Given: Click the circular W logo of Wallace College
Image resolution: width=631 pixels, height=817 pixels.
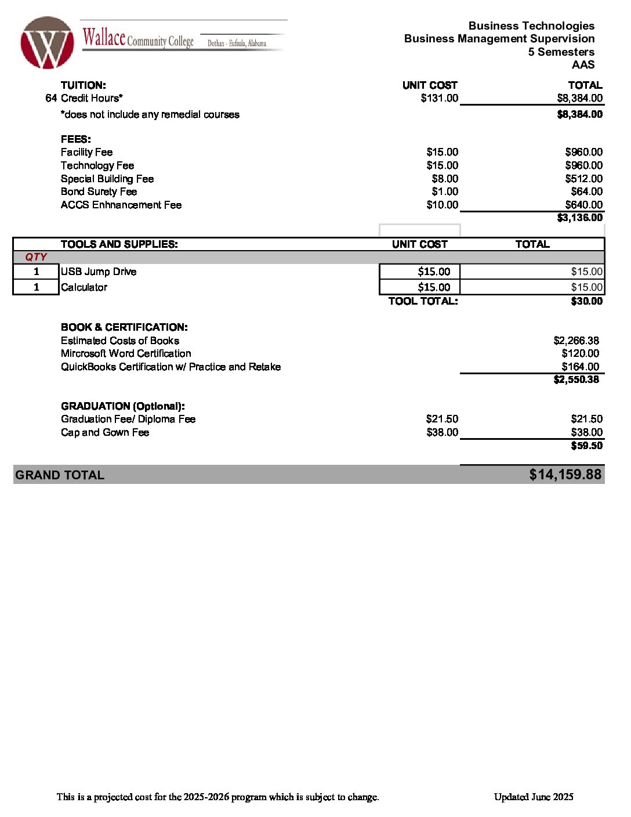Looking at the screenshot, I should tap(47, 43).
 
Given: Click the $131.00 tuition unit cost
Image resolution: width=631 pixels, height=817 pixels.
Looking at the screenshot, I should tap(439, 98).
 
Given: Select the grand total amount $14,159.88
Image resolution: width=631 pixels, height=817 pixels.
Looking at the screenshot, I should tap(565, 475).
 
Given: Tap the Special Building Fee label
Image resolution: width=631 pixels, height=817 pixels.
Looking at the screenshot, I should tap(107, 179).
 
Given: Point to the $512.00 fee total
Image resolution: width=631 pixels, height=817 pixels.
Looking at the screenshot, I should tap(583, 179).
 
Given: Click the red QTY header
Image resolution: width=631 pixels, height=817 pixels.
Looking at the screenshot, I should tap(36, 257).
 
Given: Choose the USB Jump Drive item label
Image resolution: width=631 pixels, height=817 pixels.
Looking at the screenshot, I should tap(99, 272).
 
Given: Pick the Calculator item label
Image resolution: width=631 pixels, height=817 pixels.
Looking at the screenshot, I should tap(84, 287).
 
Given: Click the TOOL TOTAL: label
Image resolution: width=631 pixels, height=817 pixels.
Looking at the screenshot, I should tap(423, 301).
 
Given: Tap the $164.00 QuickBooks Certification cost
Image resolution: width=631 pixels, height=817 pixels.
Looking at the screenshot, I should tap(580, 367).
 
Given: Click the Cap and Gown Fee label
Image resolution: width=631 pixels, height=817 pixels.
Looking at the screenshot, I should tap(105, 432).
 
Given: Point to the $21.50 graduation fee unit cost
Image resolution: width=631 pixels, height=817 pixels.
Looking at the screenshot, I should tap(442, 419).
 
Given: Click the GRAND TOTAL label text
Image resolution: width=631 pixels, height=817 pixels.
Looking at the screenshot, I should tap(60, 475).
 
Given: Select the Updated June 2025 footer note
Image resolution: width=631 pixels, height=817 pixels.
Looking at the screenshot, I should tap(534, 797).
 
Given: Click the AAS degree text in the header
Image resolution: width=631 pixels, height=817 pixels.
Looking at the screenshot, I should tap(583, 65).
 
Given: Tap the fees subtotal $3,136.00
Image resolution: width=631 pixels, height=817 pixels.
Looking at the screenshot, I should tap(579, 218).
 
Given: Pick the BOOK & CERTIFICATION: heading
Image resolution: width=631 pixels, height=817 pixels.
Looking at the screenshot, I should tap(124, 327).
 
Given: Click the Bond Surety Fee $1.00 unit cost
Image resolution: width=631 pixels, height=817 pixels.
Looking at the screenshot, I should tap(445, 191).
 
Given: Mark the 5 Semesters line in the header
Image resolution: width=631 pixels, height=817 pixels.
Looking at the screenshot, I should tap(561, 52).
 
